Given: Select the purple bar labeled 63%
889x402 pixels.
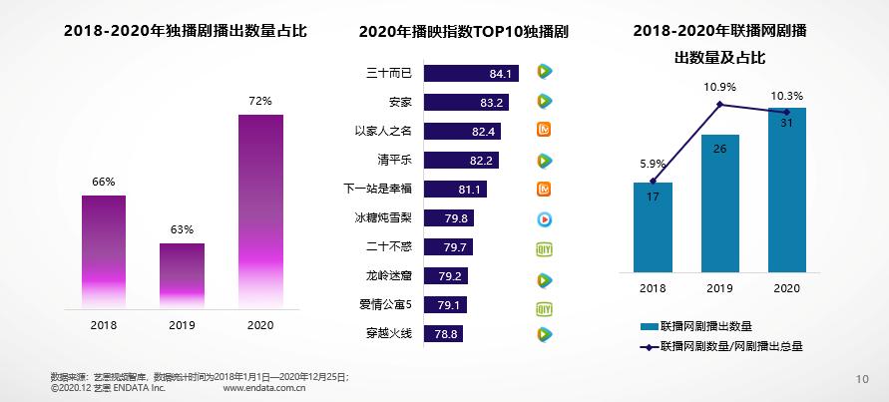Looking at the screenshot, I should [x=182, y=273].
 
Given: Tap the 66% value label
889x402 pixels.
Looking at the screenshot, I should [x=104, y=182].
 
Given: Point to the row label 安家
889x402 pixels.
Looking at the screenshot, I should [x=400, y=102].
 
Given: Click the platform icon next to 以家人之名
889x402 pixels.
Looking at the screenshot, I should [x=545, y=131].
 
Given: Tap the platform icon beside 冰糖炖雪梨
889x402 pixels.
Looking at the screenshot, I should [x=545, y=218].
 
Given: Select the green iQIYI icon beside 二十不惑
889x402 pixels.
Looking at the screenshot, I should [x=545, y=247].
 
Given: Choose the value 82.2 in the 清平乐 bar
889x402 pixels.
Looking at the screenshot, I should [x=481, y=160].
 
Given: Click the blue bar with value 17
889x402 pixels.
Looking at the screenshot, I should [x=653, y=226].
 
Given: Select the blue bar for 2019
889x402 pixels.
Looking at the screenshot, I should [x=720, y=202].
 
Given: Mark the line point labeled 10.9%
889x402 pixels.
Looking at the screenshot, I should [x=720, y=104].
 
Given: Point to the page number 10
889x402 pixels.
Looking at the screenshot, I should [x=864, y=378].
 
